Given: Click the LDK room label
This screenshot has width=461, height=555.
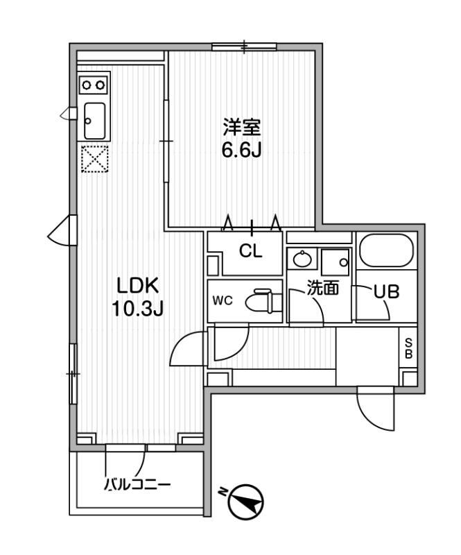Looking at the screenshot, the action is click(x=138, y=286).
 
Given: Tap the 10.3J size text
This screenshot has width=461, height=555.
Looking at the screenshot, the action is click(x=138, y=309).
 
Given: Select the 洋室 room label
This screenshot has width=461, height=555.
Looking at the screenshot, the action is click(x=242, y=128).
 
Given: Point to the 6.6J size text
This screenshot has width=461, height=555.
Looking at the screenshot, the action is click(x=242, y=151).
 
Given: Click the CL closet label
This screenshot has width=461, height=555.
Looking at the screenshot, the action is click(x=250, y=251).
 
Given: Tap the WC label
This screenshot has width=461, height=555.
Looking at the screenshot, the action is click(x=223, y=300).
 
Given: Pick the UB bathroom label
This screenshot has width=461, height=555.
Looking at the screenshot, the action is click(x=387, y=291).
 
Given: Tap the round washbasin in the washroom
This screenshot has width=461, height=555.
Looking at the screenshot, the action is click(x=302, y=259).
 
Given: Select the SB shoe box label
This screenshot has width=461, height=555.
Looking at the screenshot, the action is click(x=408, y=348).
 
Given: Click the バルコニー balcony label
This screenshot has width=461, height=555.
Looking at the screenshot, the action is click(x=137, y=484).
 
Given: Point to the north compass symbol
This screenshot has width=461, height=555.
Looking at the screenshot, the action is click(x=246, y=502).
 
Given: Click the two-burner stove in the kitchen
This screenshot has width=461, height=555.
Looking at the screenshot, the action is click(x=94, y=85).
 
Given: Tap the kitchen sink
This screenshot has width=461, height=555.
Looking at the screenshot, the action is click(x=94, y=121).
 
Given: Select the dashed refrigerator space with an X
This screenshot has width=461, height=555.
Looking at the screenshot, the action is click(x=94, y=159).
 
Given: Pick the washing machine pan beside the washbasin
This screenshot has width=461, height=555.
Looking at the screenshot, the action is click(x=336, y=259).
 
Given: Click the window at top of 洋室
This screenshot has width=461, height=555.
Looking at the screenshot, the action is click(x=244, y=46).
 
